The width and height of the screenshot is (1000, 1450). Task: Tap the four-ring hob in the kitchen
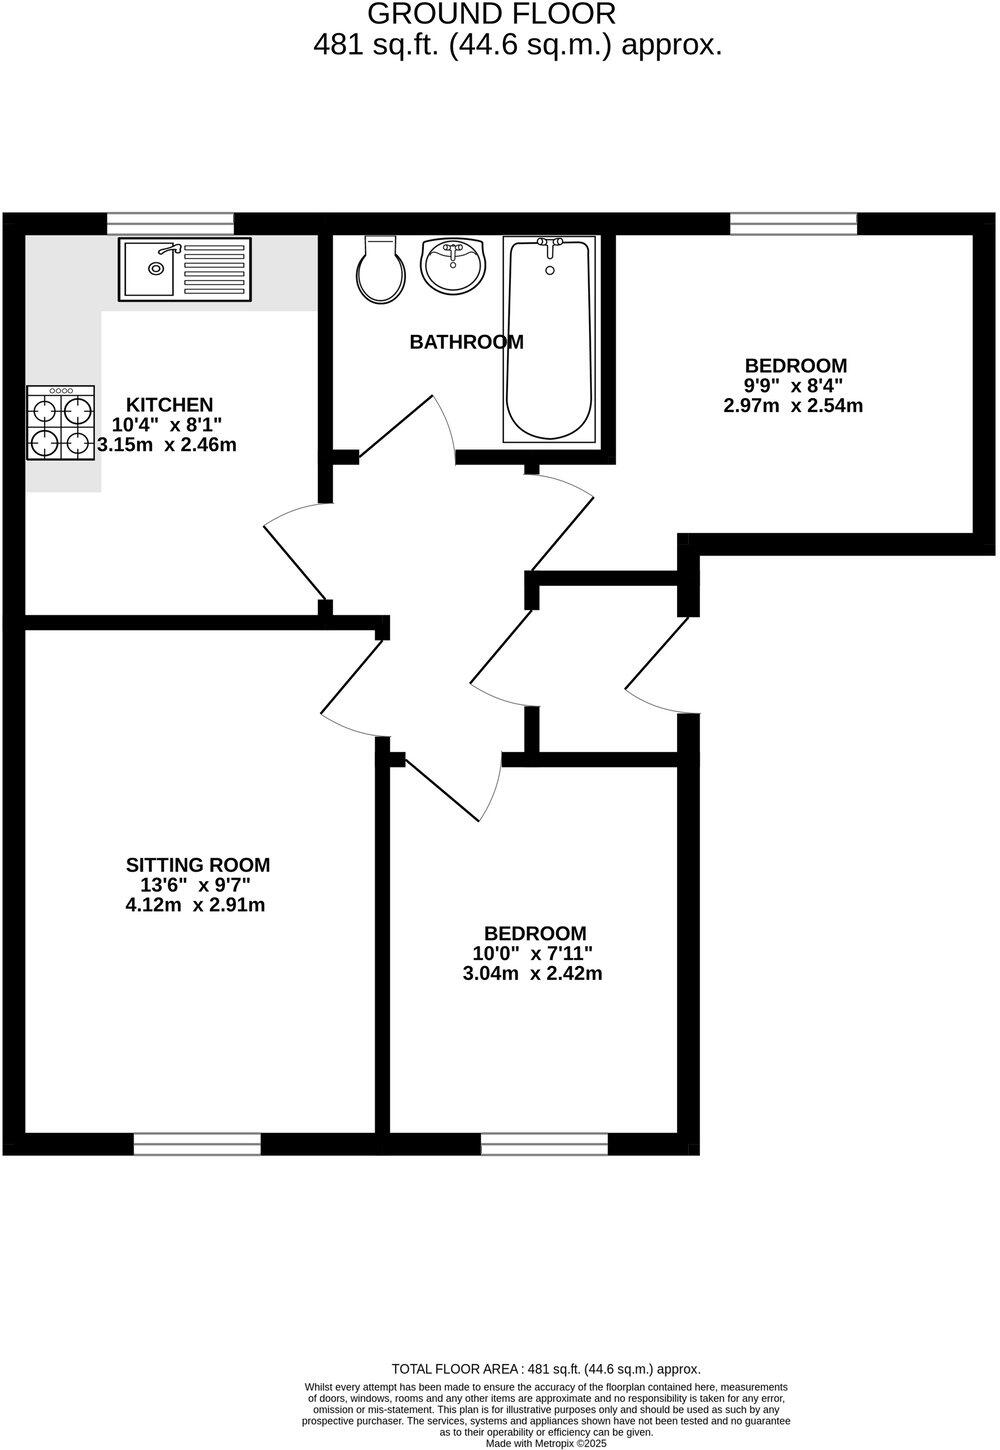coord(61,424)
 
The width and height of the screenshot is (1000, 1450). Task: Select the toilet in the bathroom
coord(381,270)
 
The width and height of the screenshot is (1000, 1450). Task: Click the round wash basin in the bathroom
coord(452,266)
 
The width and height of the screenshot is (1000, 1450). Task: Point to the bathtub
coord(550,340)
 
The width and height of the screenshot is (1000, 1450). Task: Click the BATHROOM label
coord(466,342)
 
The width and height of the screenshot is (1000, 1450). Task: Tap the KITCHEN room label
coord(170,405)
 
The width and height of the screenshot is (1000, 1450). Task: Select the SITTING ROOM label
coord(197,865)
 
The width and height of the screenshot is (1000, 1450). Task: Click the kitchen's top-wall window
coord(170,223)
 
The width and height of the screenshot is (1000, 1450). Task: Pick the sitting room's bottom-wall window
coord(197,1143)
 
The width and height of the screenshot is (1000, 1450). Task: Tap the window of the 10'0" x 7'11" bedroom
coord(544,1143)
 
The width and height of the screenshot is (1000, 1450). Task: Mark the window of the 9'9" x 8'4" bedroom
coord(793,223)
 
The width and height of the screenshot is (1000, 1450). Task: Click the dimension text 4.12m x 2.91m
coord(195,905)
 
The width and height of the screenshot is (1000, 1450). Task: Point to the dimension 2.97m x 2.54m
coord(793,406)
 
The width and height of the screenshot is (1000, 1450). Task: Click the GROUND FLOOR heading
coord(491,14)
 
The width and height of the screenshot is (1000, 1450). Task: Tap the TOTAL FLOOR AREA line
coord(545,1369)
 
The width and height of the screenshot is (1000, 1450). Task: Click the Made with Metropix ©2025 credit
coord(545,1443)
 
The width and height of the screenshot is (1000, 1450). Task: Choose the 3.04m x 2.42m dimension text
coord(532,973)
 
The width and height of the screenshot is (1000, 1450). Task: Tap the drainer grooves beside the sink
coord(213,269)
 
